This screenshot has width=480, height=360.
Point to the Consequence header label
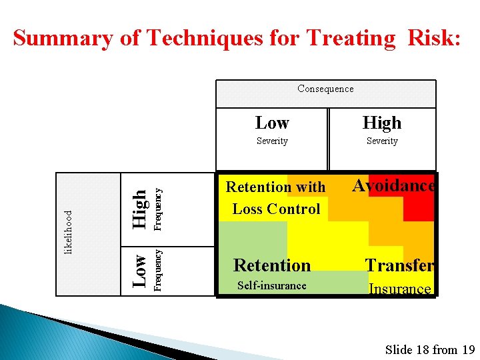(325, 89)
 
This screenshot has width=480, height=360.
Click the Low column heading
(272, 123)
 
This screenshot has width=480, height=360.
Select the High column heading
(382, 123)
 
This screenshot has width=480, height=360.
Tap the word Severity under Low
(272, 141)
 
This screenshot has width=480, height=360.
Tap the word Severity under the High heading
(382, 141)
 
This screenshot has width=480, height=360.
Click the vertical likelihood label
(68, 232)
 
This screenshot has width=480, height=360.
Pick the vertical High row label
(139, 209)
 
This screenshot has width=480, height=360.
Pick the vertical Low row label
(139, 270)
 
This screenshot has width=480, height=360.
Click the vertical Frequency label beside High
(158, 209)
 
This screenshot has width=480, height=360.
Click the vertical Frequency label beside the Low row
(158, 270)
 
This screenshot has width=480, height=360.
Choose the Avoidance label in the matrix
(393, 185)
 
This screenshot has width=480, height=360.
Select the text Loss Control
(276, 209)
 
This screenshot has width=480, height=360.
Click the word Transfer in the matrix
(399, 265)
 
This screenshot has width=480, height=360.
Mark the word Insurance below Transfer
(400, 289)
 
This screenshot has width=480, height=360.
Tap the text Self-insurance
(272, 286)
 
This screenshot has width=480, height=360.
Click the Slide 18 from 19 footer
(430, 349)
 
